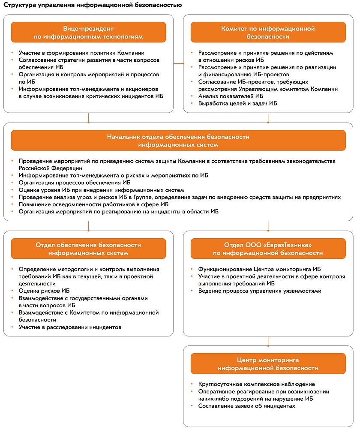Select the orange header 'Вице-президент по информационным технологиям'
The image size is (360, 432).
coord(88,33)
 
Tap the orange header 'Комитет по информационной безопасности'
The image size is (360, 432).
coord(268,33)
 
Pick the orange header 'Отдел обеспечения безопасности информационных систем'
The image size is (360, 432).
coord(88,249)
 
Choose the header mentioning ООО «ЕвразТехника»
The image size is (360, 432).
coord(268,249)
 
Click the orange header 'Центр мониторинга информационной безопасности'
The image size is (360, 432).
coord(268,364)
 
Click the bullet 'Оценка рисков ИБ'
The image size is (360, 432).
coord(44,291)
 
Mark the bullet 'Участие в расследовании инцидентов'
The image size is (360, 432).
coord(70,327)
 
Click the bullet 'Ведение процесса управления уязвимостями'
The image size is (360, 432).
coord(260,291)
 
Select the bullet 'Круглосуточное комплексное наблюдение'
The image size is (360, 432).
coord(256,384)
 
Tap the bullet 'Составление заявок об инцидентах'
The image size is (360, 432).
coord(246,406)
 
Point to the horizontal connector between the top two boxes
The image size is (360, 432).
coord(178,63)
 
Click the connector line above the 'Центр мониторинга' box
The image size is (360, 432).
coord(268,342)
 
